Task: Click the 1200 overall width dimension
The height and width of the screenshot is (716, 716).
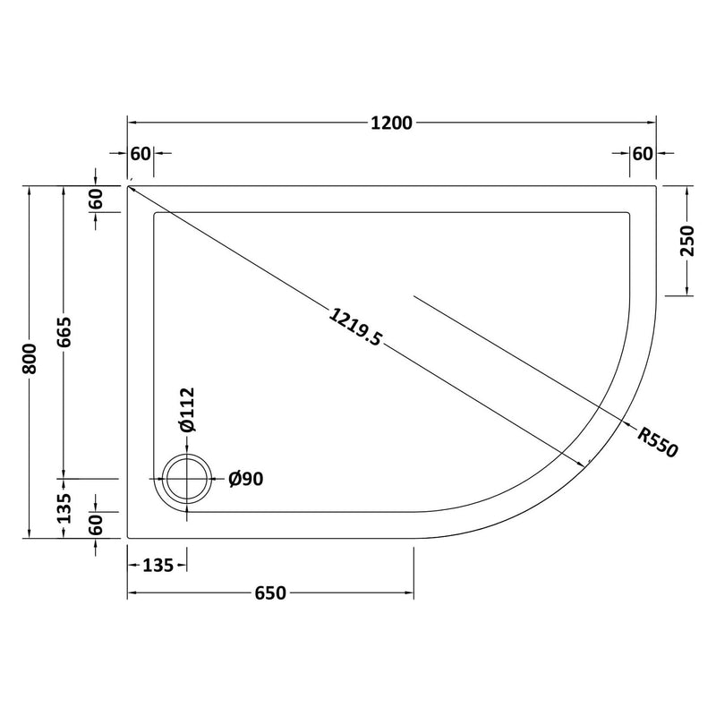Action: pos(391,124)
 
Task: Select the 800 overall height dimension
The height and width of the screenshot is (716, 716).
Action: pos(31,362)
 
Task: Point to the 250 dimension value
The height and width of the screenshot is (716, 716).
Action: pos(687,241)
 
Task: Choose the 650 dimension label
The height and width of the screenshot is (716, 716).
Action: pos(269,593)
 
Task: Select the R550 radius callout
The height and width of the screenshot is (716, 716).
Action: pos(658,441)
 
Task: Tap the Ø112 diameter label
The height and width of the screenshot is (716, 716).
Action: pos(187,411)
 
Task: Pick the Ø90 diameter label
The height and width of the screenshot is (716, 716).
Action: pos(245,480)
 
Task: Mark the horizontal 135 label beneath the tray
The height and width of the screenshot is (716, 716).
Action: pos(157,565)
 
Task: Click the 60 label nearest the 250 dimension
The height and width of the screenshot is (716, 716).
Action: pos(642,153)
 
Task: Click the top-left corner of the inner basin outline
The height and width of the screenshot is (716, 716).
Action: pos(157,214)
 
